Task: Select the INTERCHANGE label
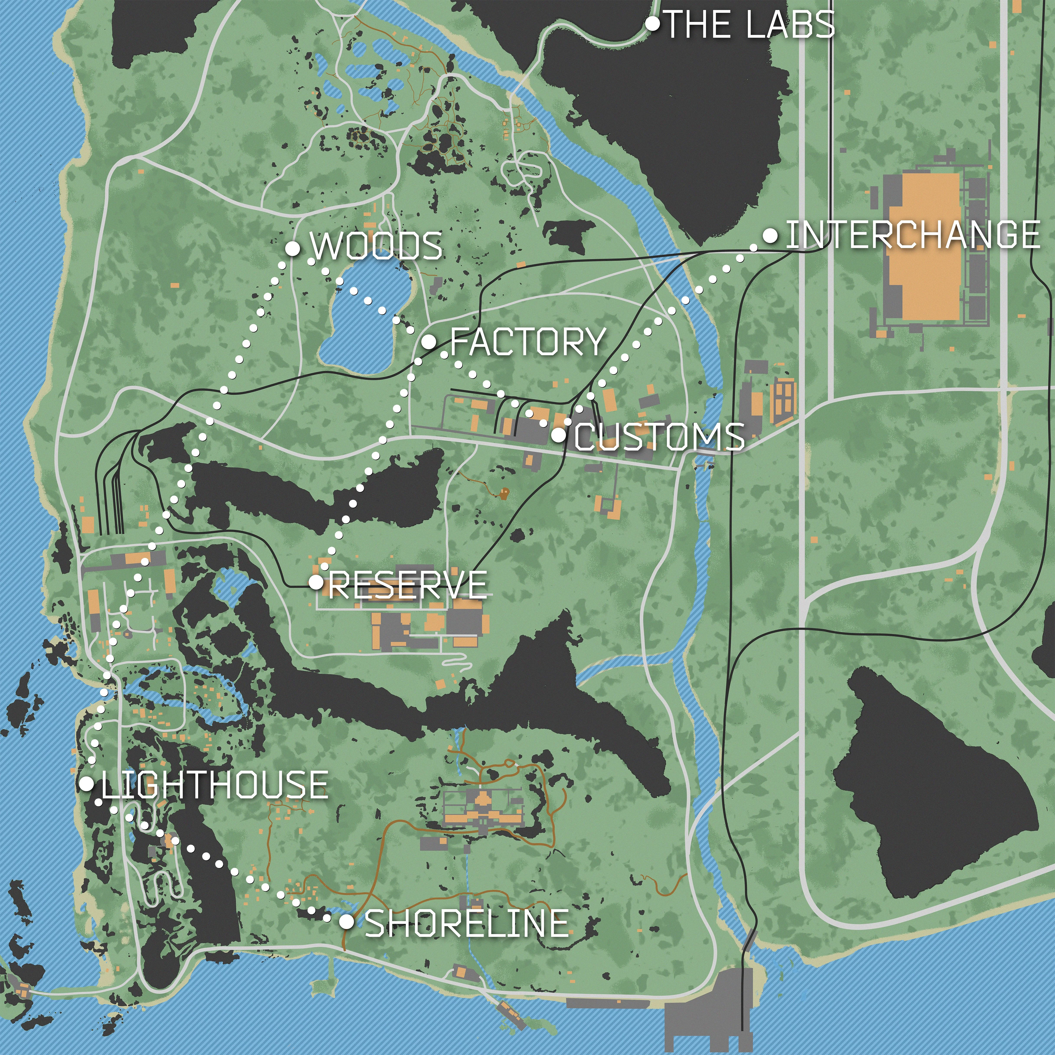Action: pos(912,235)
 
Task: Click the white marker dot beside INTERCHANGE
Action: pos(770,235)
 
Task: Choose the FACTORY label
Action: pos(527,342)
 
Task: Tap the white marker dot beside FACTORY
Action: pos(429,342)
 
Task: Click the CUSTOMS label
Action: pos(659,437)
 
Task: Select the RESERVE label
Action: pos(407,585)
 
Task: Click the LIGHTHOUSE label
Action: pos(215,785)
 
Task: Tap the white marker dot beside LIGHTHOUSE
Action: pos(86,784)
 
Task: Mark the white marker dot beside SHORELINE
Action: pos(346,922)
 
